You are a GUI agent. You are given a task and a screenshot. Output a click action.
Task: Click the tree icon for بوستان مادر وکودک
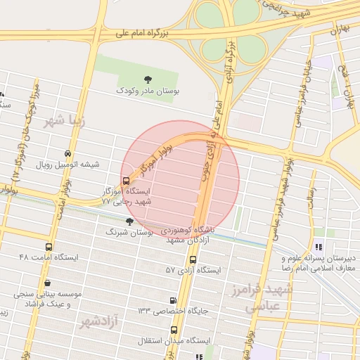pyautogui.click(x=148, y=79)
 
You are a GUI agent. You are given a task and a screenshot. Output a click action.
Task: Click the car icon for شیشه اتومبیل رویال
pyautogui.click(x=67, y=154)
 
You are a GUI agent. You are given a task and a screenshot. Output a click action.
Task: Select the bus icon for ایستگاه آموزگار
pyautogui.click(x=126, y=181)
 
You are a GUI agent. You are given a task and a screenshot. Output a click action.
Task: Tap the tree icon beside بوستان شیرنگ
pyautogui.click(x=129, y=221)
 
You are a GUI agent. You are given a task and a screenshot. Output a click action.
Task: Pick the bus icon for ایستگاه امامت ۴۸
pyautogui.click(x=48, y=247)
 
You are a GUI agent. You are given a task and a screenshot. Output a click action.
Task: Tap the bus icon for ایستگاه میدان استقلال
pyautogui.click(x=174, y=330)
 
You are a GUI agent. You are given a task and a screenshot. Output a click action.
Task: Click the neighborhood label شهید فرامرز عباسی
pyautogui.click(x=262, y=298)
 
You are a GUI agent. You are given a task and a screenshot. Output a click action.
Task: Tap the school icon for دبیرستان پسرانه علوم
pyautogui.click(x=319, y=247)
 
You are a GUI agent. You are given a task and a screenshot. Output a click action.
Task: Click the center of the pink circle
pyautogui.click(x=181, y=179)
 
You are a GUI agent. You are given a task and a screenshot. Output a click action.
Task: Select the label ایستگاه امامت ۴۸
pyautogui.click(x=49, y=258)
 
